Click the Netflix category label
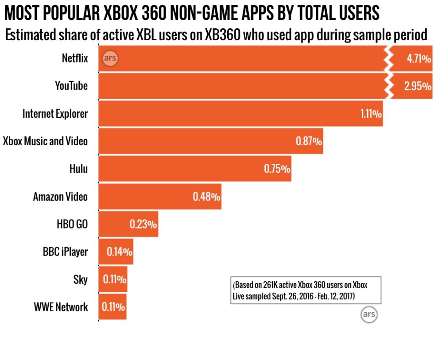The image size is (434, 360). pos(74,58)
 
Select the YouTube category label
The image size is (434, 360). pos(71,86)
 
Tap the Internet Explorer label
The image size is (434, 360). pos(55,114)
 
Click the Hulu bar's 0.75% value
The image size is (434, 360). pos(277,169)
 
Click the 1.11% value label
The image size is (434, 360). pos(371,114)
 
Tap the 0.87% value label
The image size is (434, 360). pos(309,141)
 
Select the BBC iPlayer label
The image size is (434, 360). pos(65,252)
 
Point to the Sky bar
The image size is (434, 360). pos(112,279)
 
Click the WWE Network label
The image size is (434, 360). pos(61,307)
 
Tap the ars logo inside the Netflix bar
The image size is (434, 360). pos(110,58)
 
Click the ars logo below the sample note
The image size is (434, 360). pos(368,314)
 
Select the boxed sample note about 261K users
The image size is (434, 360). pos(306,290)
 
